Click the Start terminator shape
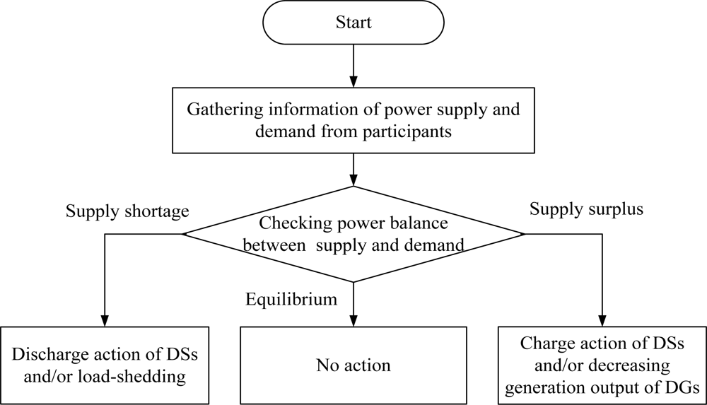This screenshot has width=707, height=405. (x=353, y=23)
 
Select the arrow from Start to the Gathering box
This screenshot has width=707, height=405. (x=353, y=67)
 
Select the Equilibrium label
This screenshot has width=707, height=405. (x=291, y=299)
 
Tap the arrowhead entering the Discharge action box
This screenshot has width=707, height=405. (x=105, y=320)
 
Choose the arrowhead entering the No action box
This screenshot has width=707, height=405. (x=353, y=320)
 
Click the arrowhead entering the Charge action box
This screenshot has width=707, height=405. (x=602, y=320)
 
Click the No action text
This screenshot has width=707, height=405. (x=353, y=365)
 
